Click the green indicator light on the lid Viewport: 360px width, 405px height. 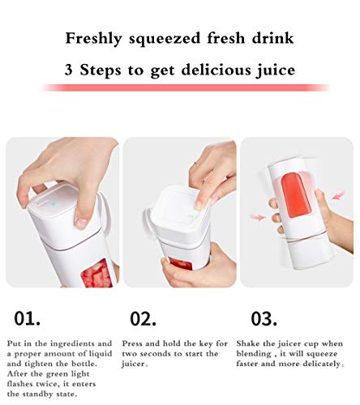point(54,204)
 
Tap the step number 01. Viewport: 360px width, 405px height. point(28,318)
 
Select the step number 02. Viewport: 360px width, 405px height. point(143,318)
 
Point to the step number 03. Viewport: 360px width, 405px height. point(264,318)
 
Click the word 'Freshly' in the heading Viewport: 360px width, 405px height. point(94,39)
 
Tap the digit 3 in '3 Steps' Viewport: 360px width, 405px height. point(69,70)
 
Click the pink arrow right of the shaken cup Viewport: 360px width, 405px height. point(338,195)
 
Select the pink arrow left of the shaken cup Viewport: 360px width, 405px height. point(258,217)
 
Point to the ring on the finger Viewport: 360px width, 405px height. point(196,164)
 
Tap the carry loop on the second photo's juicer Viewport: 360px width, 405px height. point(148,221)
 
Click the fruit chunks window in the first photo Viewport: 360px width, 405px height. point(96,274)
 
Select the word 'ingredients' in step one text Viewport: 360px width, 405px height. point(73,344)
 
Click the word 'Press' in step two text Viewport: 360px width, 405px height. point(131,343)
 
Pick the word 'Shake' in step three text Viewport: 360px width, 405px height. point(247,343)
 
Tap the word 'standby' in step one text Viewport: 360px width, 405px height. point(37,394)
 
